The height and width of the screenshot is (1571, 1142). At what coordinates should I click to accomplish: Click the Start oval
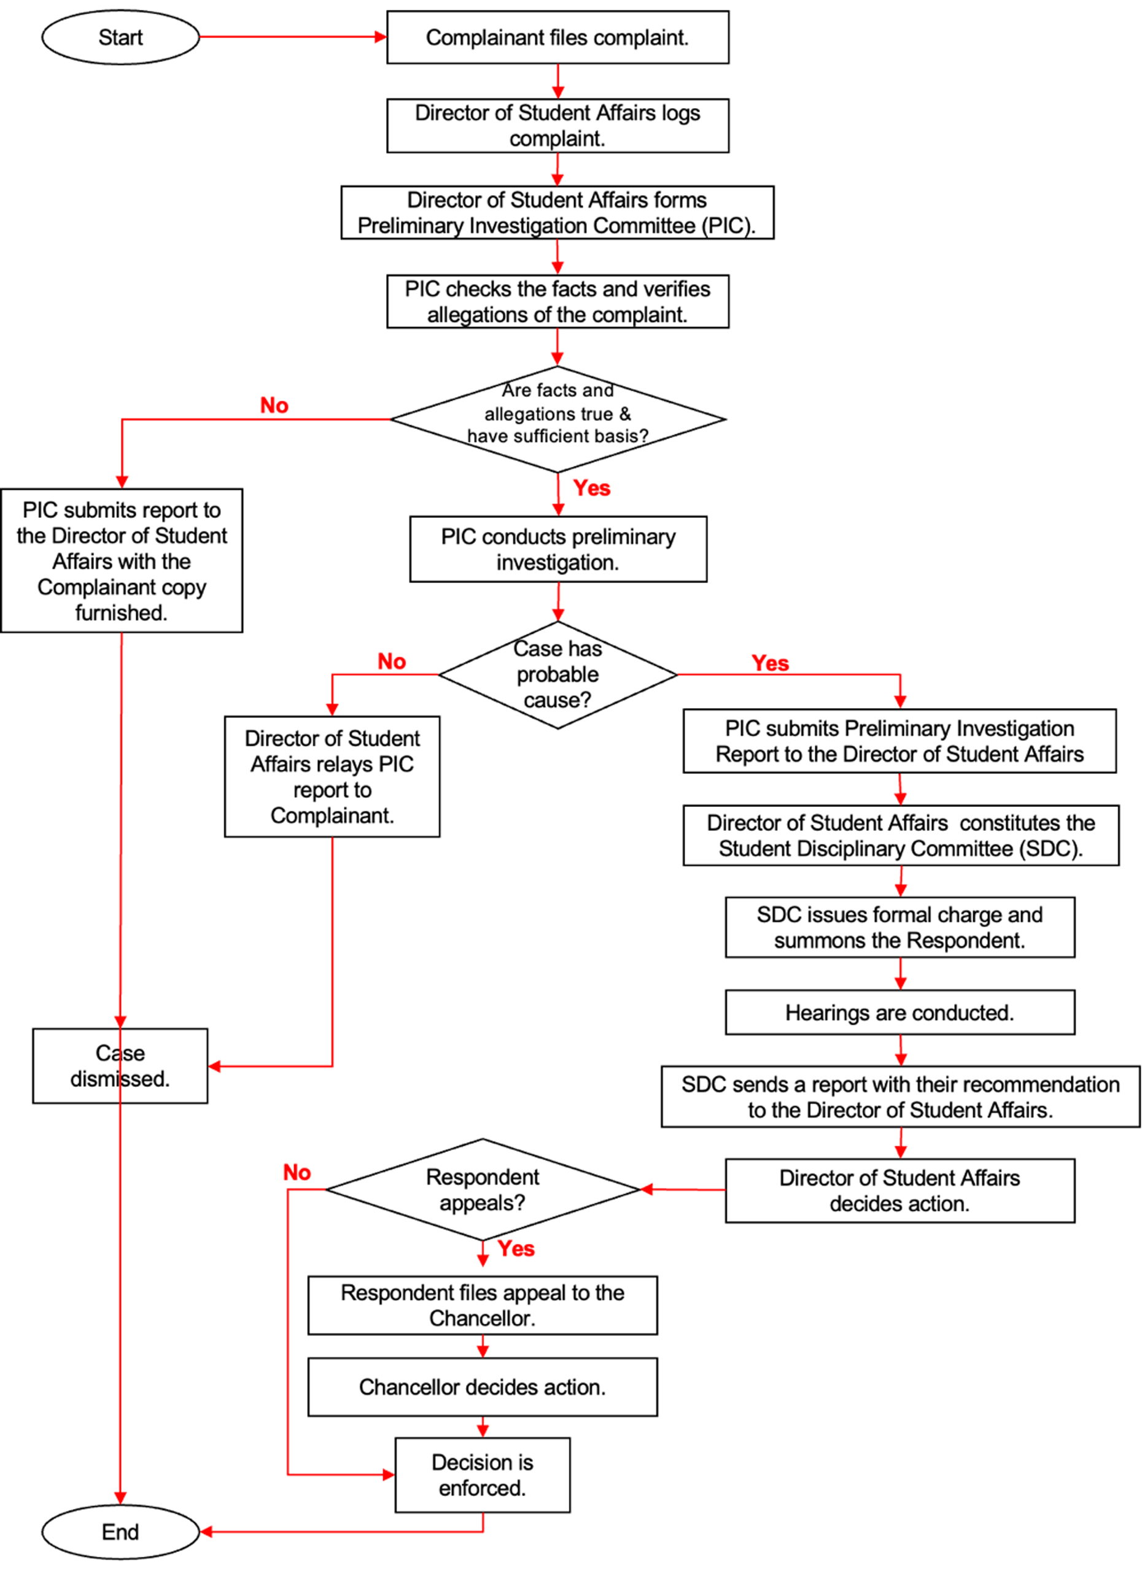(120, 37)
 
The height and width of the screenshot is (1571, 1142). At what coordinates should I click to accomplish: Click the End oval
(120, 1532)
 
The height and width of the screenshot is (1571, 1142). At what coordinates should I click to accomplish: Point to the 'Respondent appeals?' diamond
(483, 1189)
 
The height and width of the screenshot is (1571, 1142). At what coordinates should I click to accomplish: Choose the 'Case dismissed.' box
(120, 1065)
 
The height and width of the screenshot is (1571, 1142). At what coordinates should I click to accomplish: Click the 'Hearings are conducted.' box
(899, 1012)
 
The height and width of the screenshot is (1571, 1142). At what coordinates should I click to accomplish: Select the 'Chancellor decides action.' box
(483, 1387)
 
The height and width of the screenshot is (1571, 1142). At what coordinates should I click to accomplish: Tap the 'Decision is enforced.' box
(483, 1475)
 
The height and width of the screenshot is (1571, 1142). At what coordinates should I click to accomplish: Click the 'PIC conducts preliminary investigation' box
(558, 549)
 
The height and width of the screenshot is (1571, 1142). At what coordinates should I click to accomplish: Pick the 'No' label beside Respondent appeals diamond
(297, 1172)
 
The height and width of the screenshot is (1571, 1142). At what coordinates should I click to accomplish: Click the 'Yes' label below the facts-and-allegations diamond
(591, 488)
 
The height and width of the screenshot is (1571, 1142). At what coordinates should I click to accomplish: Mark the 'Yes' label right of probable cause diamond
(770, 663)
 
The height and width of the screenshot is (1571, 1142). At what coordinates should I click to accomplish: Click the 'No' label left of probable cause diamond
(392, 662)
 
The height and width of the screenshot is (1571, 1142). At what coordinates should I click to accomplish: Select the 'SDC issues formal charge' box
(899, 927)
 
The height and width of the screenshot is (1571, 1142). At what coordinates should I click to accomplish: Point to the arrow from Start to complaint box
(291, 37)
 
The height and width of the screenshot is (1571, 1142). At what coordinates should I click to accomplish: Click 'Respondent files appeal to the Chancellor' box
(483, 1305)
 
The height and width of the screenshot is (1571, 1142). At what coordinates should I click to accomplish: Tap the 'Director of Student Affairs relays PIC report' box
(332, 776)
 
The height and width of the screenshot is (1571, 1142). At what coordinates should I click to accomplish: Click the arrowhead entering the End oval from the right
(206, 1532)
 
